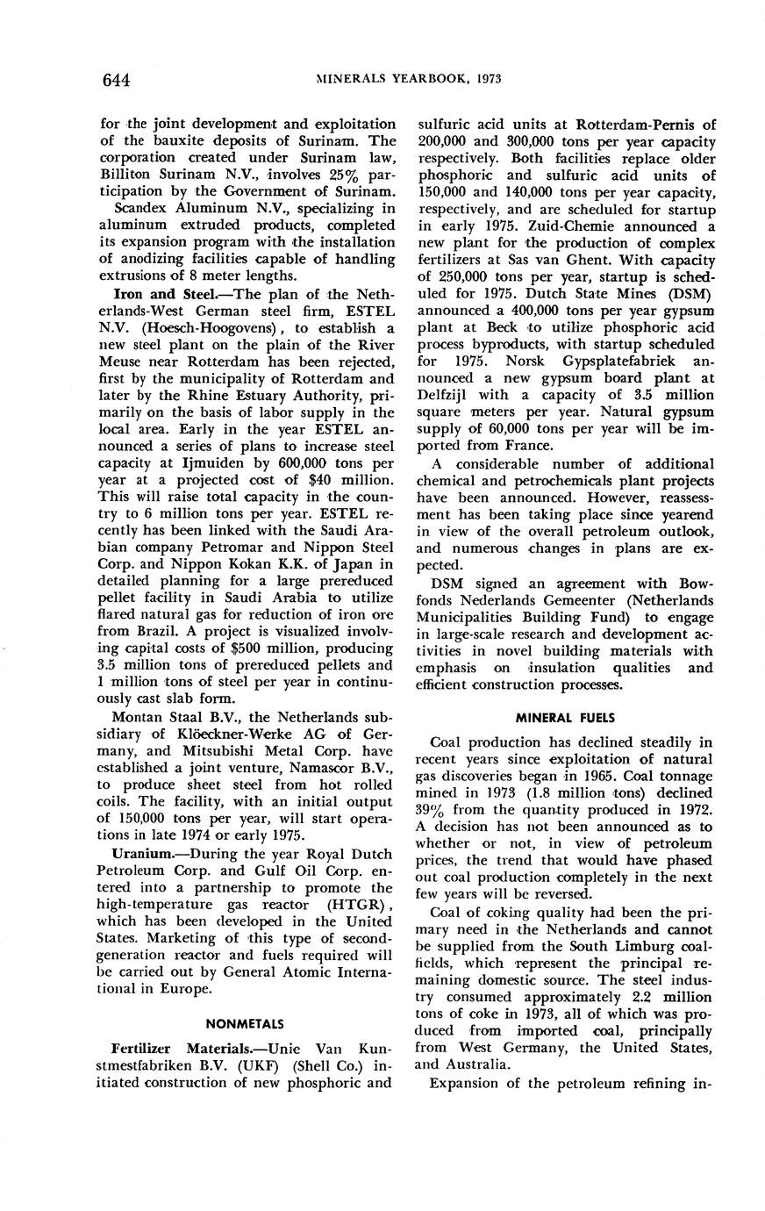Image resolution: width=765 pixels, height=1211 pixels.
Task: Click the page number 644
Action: pyautogui.click(x=116, y=81)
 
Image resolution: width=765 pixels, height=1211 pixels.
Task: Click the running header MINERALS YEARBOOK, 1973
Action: pyautogui.click(x=409, y=79)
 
